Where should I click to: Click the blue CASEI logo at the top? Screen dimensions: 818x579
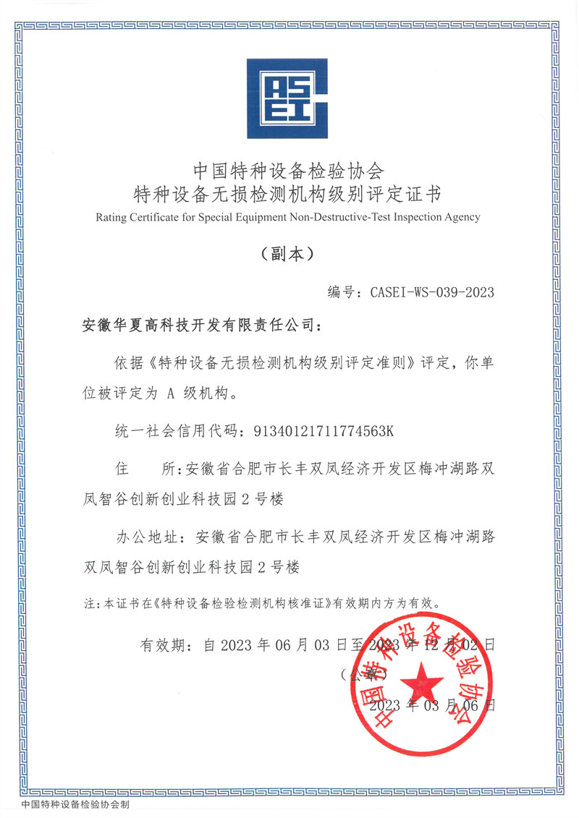click(x=287, y=98)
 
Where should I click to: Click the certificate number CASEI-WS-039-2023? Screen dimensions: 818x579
click(x=432, y=292)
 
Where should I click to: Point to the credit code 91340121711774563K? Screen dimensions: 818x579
click(x=324, y=432)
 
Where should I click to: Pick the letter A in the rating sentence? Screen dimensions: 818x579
click(x=172, y=394)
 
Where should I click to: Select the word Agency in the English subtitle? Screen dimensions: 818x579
click(x=461, y=217)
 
